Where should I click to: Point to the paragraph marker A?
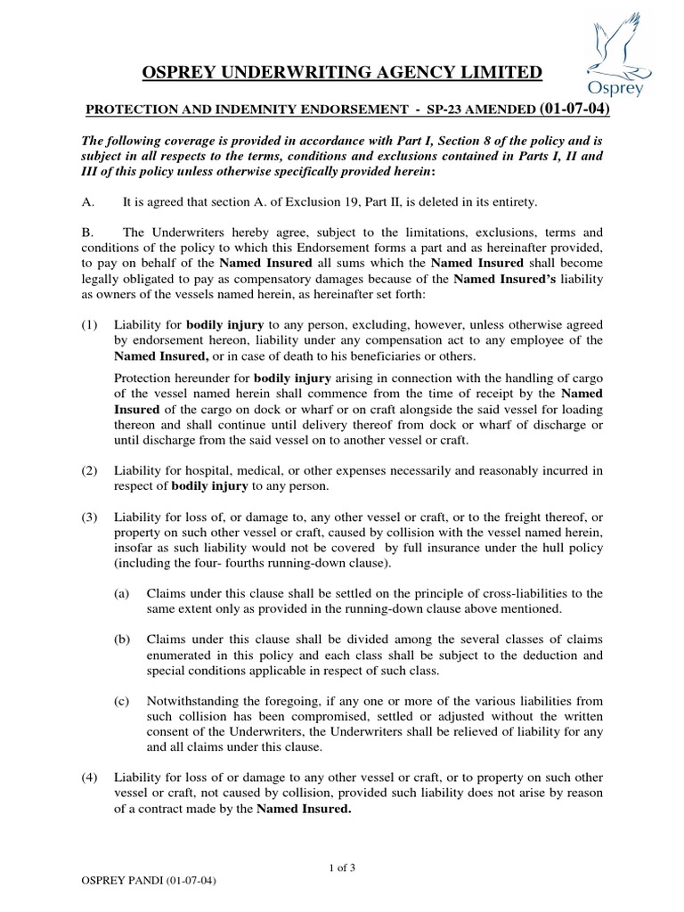(x=87, y=203)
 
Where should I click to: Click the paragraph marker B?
(x=87, y=232)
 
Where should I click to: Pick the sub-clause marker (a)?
(x=122, y=593)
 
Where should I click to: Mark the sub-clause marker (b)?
(x=122, y=639)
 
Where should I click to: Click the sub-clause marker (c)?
(x=122, y=702)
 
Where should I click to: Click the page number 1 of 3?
(x=341, y=868)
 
